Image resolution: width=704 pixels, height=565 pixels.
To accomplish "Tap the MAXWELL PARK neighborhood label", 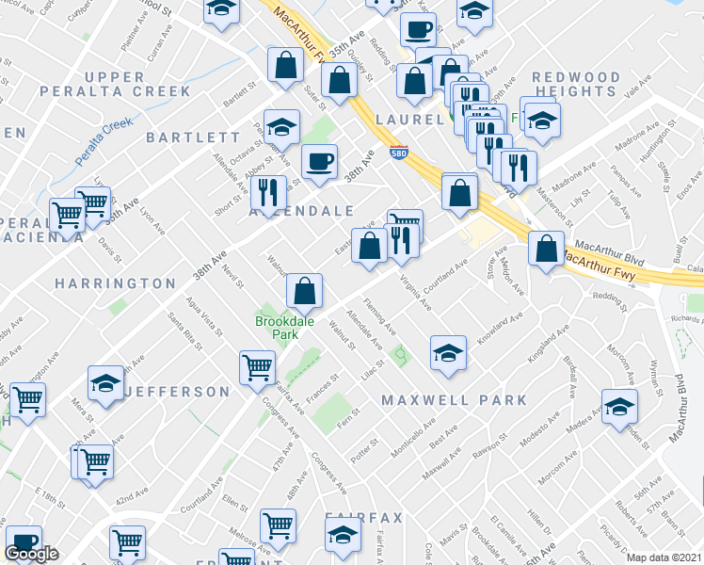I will tap(455, 400).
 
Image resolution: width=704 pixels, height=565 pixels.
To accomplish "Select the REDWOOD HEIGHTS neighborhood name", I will tap(575, 84).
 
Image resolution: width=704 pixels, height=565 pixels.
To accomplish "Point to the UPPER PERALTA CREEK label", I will tap(137, 84).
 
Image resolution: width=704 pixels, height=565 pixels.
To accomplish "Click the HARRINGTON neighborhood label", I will tap(115, 283).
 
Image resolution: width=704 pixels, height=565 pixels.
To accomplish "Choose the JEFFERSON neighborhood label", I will tap(178, 391).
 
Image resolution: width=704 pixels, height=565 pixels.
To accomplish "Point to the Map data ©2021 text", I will tap(664, 557).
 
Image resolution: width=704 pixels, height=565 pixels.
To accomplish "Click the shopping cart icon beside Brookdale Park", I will tap(257, 367).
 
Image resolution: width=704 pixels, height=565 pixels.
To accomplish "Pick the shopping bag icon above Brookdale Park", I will tap(305, 291).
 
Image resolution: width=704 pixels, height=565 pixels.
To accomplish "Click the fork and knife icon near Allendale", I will tap(269, 193).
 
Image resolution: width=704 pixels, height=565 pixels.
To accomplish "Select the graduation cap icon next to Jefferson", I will tap(105, 383).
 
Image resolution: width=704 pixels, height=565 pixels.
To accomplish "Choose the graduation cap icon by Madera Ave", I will tap(619, 407).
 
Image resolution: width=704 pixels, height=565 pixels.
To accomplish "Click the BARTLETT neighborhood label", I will tap(187, 137).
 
